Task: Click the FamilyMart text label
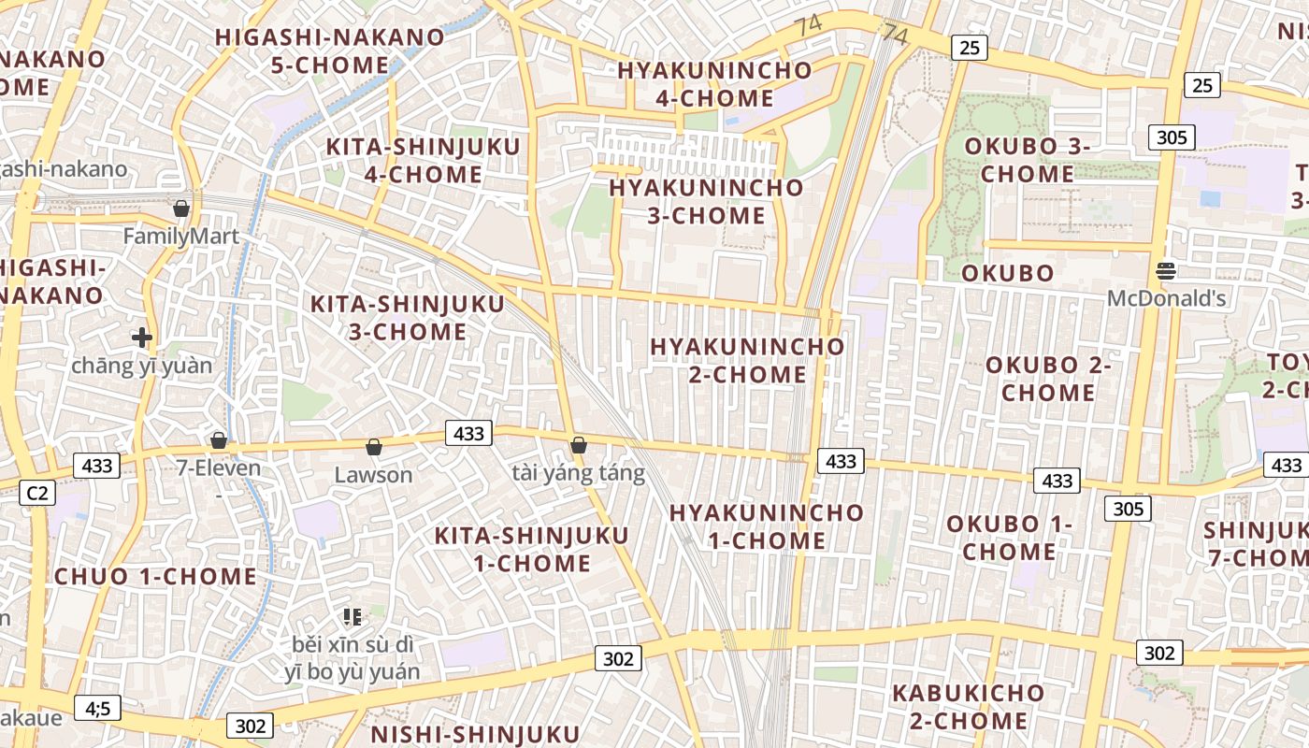coord(181,237)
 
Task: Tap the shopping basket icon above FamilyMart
coord(181,209)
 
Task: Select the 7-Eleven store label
coord(219,467)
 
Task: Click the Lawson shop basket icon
coord(374,448)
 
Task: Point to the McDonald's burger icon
coord(1166,271)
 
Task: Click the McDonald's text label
coord(1166,299)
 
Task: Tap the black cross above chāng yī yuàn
coord(142,338)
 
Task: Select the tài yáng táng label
coord(579,473)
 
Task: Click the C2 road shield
coord(36,493)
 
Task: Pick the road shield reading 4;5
coord(98,709)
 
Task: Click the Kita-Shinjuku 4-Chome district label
coord(424,161)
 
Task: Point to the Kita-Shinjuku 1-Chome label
coord(531,550)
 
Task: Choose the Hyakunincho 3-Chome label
coord(706,201)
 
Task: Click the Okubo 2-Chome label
coord(1048,379)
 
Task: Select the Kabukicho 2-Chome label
coord(968,707)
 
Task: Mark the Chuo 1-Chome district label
coord(155,577)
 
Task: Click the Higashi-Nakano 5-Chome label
coord(330,51)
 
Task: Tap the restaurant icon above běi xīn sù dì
coord(352,616)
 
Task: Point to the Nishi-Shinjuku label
coord(475,734)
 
